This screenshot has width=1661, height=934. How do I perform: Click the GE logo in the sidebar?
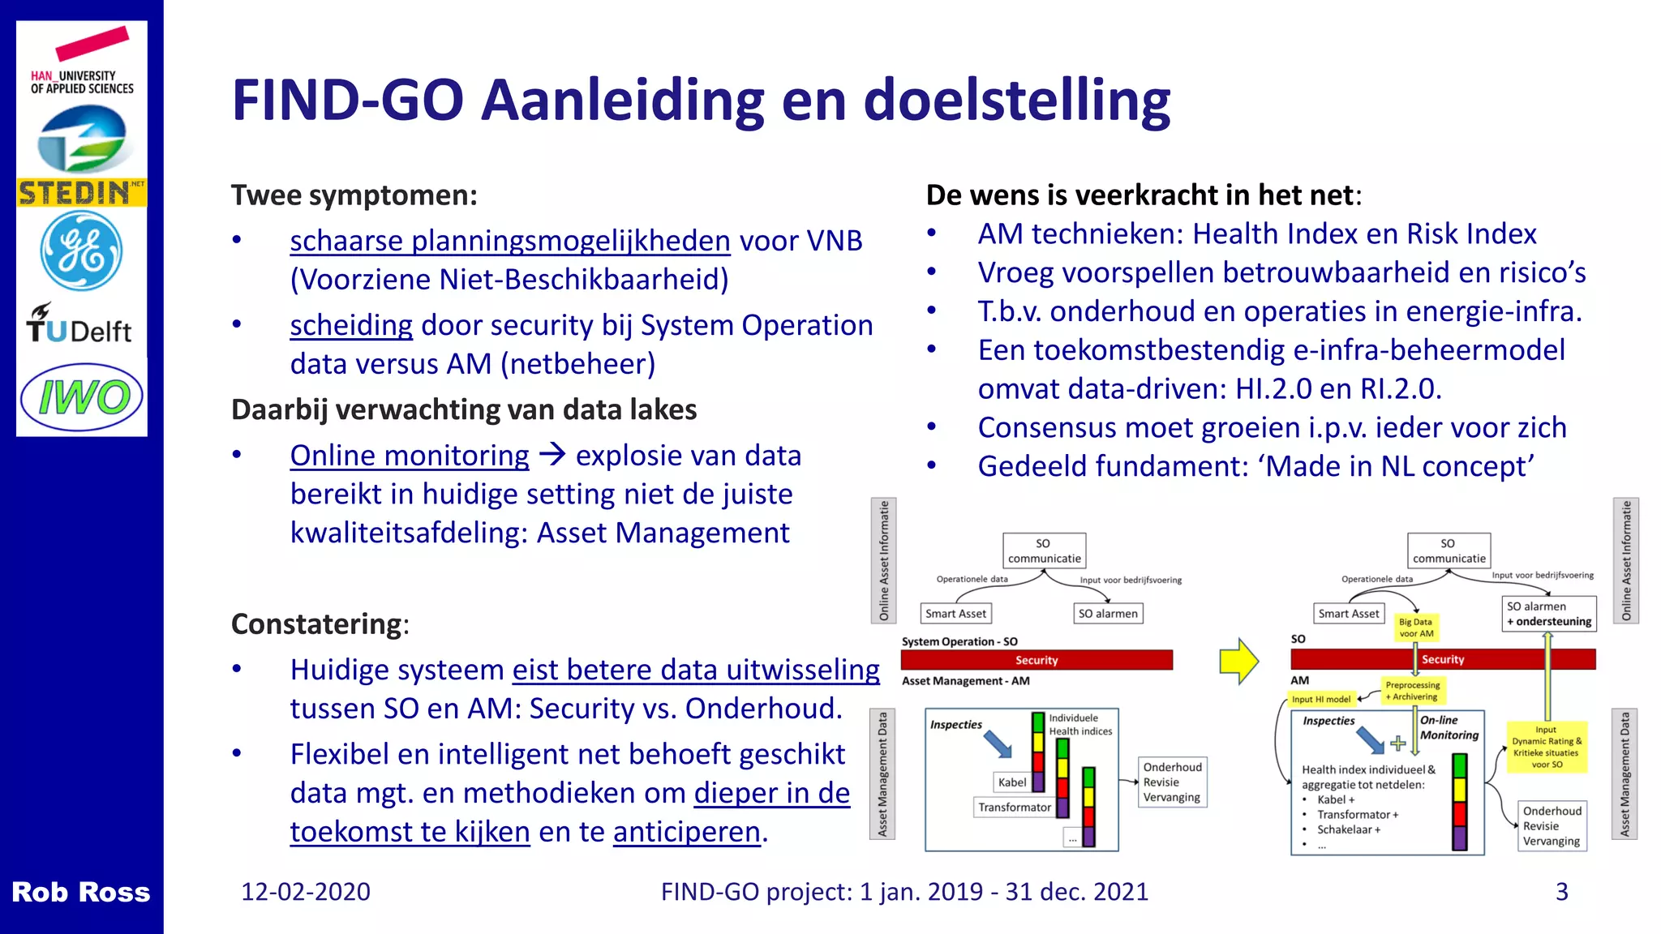[x=81, y=251]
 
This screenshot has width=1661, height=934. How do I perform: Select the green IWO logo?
[x=82, y=397]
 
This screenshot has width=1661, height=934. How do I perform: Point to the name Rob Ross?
[x=80, y=892]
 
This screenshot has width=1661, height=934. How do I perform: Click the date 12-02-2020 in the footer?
[x=306, y=892]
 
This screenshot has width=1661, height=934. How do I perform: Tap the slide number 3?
[x=1561, y=892]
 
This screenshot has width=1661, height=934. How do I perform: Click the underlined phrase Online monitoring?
[x=410, y=456]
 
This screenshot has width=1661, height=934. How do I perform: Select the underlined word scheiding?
[x=351, y=325]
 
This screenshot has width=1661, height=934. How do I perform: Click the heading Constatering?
[x=317, y=624]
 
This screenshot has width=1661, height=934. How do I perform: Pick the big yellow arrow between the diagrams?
[x=1238, y=661]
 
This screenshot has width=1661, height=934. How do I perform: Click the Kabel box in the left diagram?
[x=1011, y=782]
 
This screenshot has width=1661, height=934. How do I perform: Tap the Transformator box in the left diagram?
[x=1014, y=808]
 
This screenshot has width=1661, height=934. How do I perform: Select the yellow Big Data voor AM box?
[x=1415, y=628]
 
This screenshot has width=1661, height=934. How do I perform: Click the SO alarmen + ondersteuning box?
[x=1548, y=614]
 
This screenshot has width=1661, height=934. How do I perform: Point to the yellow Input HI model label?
[x=1321, y=699]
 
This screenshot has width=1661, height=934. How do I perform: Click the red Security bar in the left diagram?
[x=1037, y=660]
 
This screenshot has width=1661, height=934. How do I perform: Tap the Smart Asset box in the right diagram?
[x=1348, y=614]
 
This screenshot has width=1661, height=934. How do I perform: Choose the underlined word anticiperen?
[x=686, y=833]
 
